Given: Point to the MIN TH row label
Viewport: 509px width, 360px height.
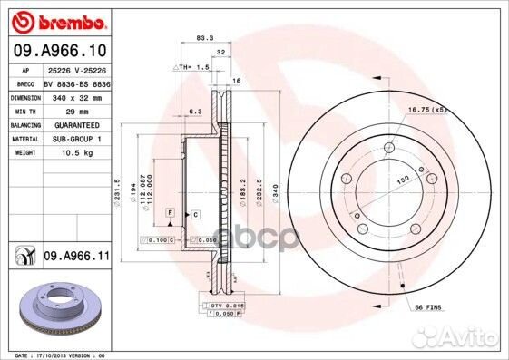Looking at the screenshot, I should (25, 110).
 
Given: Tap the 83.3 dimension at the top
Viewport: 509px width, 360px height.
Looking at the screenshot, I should (204, 38).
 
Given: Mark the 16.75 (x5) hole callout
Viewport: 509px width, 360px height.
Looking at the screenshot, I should (427, 110).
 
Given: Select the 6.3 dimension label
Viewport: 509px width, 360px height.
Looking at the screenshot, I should (193, 112).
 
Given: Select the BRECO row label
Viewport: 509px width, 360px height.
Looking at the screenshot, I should (25, 81).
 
